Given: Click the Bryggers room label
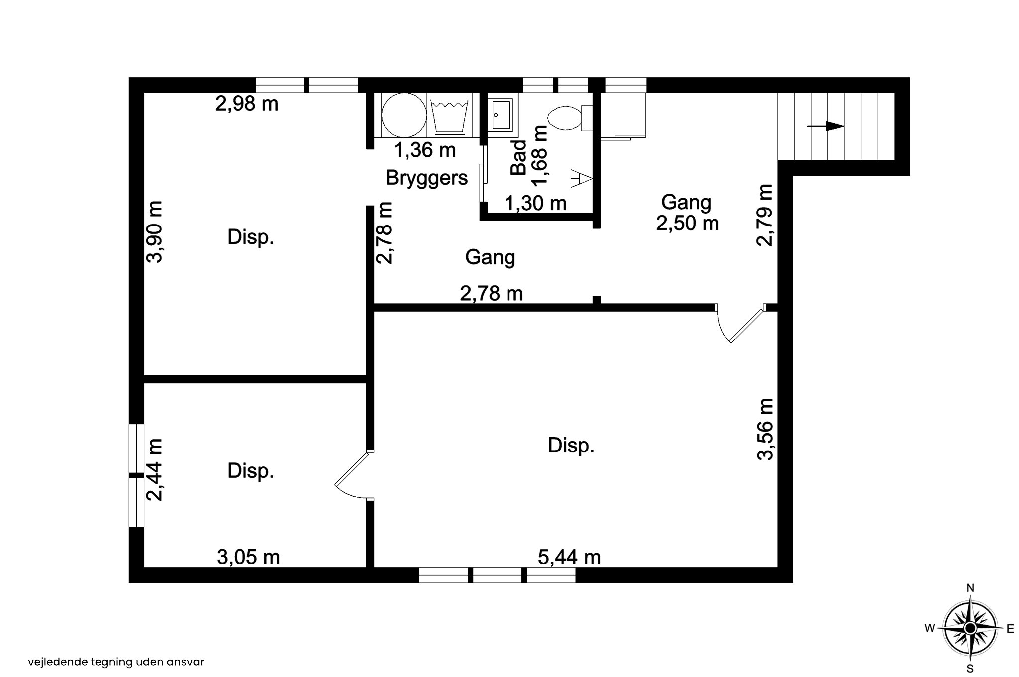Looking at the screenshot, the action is click(x=426, y=178).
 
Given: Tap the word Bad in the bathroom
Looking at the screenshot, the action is click(x=519, y=157).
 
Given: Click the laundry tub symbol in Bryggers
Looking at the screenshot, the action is click(x=450, y=117).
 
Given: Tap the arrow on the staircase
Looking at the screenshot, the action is click(x=825, y=126).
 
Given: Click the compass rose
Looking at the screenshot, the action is click(x=970, y=629).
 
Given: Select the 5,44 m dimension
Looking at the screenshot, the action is click(x=569, y=557).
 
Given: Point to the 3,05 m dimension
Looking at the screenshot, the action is click(x=248, y=557).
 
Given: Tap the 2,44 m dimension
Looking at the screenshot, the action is click(x=154, y=469).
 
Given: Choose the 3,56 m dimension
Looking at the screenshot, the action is click(x=765, y=429).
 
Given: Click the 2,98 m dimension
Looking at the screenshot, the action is click(x=247, y=104).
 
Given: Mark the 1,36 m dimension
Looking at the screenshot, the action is click(x=424, y=150).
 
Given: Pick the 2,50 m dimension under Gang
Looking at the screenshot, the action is click(x=688, y=223).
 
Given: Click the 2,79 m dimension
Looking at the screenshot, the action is click(x=765, y=215).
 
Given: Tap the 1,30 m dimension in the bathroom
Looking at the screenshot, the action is click(x=535, y=203).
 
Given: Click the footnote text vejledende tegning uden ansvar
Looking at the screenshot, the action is click(x=116, y=662).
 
